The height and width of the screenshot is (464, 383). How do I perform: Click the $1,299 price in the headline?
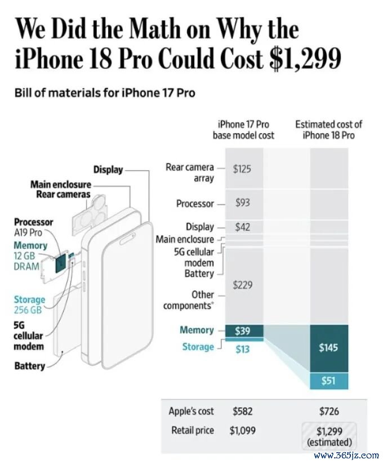pyautogui.click(x=305, y=58)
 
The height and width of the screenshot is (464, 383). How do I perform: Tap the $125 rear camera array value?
pyautogui.click(x=242, y=169)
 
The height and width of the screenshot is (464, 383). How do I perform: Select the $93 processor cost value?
pyautogui.click(x=243, y=202)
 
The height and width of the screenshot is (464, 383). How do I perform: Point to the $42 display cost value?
pyautogui.click(x=243, y=227)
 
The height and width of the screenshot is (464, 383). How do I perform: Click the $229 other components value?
pyautogui.click(x=243, y=285)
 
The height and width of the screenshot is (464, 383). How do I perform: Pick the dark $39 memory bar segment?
pyautogui.click(x=244, y=330)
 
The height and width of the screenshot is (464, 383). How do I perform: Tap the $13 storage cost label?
pyautogui.click(x=243, y=349)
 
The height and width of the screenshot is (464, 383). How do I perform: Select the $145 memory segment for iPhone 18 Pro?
pyautogui.click(x=329, y=348)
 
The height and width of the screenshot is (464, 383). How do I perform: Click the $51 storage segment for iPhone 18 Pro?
pyautogui.click(x=329, y=381)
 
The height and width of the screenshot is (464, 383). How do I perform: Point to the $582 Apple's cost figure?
pyautogui.click(x=243, y=411)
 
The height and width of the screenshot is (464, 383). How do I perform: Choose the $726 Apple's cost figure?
pyautogui.click(x=329, y=411)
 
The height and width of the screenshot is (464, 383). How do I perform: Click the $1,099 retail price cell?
pyautogui.click(x=243, y=430)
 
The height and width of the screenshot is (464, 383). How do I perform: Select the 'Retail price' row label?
pyautogui.click(x=193, y=430)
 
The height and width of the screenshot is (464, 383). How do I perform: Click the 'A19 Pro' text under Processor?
pyautogui.click(x=28, y=233)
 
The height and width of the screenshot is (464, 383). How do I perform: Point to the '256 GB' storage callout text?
pyautogui.click(x=28, y=310)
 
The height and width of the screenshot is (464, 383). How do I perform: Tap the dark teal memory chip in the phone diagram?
pyautogui.click(x=61, y=262)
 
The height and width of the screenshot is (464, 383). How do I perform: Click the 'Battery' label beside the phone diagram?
pyautogui.click(x=29, y=366)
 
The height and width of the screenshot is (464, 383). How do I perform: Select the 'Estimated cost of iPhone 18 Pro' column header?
pyautogui.click(x=328, y=130)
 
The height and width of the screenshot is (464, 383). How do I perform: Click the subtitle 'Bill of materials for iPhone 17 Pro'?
pyautogui.click(x=105, y=93)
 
